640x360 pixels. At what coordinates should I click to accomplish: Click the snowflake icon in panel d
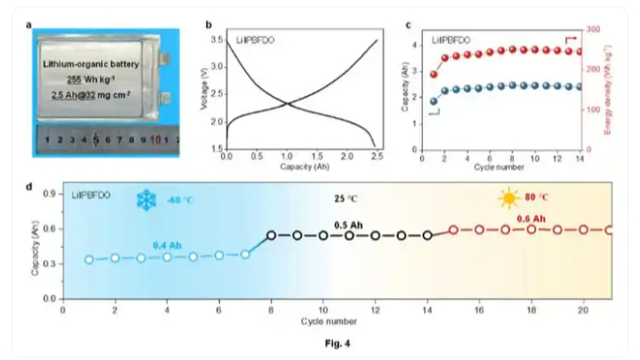tap(144, 200)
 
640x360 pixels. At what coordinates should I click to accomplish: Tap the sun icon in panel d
tap(508, 198)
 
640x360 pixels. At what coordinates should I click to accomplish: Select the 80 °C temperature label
tap(538, 198)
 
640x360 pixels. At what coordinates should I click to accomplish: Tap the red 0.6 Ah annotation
tap(531, 218)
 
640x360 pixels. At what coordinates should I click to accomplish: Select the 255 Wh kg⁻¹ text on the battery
tap(92, 78)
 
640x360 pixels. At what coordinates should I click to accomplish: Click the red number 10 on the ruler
tap(155, 140)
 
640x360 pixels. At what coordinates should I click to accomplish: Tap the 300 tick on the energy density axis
tap(594, 29)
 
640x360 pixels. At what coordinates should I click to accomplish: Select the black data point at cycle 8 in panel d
tap(271, 235)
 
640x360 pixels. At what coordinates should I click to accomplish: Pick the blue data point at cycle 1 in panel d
tap(89, 259)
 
